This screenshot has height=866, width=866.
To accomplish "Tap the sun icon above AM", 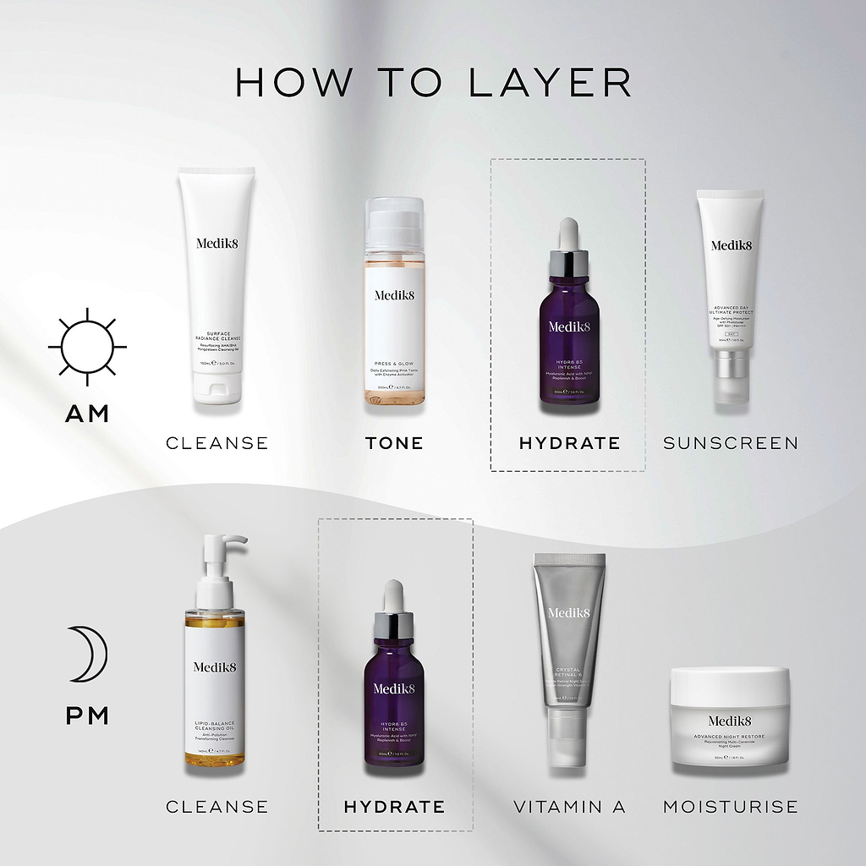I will tap(87, 347).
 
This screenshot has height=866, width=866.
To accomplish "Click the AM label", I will tap(87, 414).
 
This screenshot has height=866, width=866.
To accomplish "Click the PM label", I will tap(88, 716).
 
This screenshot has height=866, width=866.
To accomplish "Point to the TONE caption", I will tap(394, 443).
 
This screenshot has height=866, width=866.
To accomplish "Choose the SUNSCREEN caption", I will tap(731, 443).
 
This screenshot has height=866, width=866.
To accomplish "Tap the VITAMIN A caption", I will tap(569, 807).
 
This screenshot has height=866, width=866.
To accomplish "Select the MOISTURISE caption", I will tap(731, 807).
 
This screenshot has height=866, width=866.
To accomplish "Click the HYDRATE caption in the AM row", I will tap(569, 443).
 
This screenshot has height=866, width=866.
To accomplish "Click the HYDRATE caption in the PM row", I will tap(394, 807).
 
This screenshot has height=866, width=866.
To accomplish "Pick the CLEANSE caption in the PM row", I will tap(217, 807).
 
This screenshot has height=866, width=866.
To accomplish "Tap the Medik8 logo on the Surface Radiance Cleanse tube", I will tap(217, 243).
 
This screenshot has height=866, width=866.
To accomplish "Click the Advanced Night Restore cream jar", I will tap(730, 719).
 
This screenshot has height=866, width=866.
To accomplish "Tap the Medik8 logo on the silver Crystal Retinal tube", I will tap(569, 612).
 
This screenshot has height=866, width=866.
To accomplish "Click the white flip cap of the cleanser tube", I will tap(217, 389).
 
